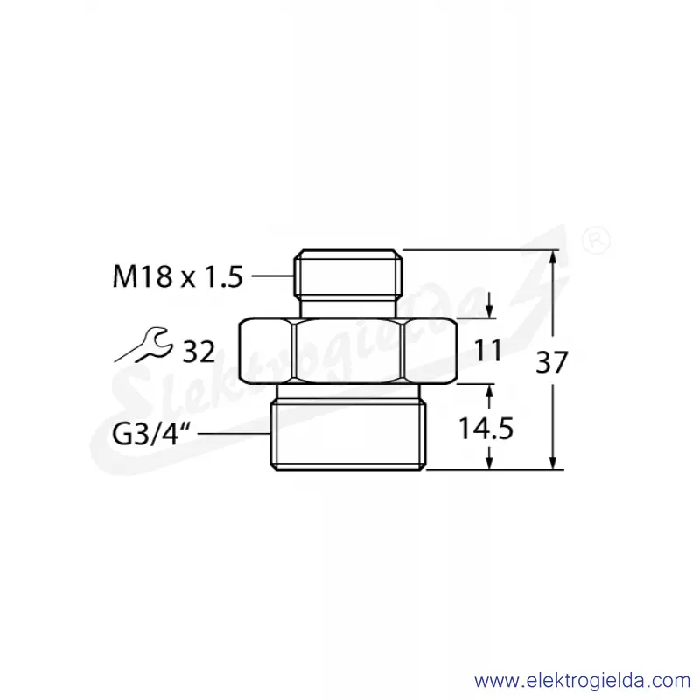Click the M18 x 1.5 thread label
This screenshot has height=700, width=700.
tap(178, 276)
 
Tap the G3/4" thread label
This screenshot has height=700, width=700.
tap(151, 434)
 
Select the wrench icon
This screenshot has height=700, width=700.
tap(143, 345)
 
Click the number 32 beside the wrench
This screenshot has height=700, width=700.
tap(199, 352)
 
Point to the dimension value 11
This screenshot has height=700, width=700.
tap(488, 351)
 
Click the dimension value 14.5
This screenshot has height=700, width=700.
tap(486, 429)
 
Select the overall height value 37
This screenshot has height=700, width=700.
tap(552, 362)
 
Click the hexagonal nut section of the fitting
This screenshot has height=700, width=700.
tap(348, 351)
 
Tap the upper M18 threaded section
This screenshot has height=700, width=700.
tap(348, 272)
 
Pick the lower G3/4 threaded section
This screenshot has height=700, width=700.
tap(348, 434)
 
